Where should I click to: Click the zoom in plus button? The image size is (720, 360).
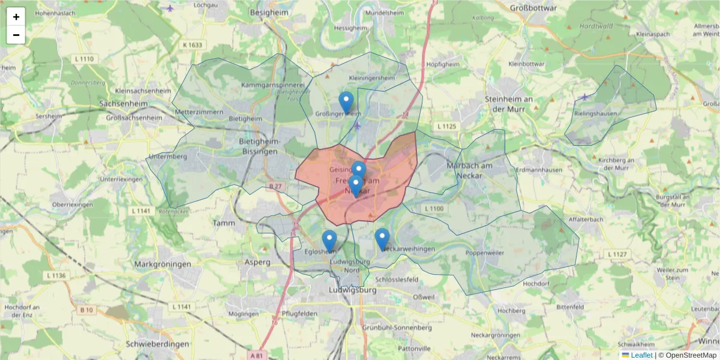pos(16,17)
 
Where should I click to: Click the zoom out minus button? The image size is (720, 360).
pos(16,35)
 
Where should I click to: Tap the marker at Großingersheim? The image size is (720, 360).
pos(346,102)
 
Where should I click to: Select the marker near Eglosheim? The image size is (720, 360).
pos(329,241)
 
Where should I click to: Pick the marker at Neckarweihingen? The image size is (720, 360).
pos(382,239)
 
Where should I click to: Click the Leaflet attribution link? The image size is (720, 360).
pos(641,355)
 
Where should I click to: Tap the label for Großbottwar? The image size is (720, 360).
pos(533,8)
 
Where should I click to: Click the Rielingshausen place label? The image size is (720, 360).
pos(596,113)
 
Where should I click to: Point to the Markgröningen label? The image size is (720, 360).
pos(163,264)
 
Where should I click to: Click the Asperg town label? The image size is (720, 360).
pos(257,262)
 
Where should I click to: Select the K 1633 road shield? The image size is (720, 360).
pos(193,45)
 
